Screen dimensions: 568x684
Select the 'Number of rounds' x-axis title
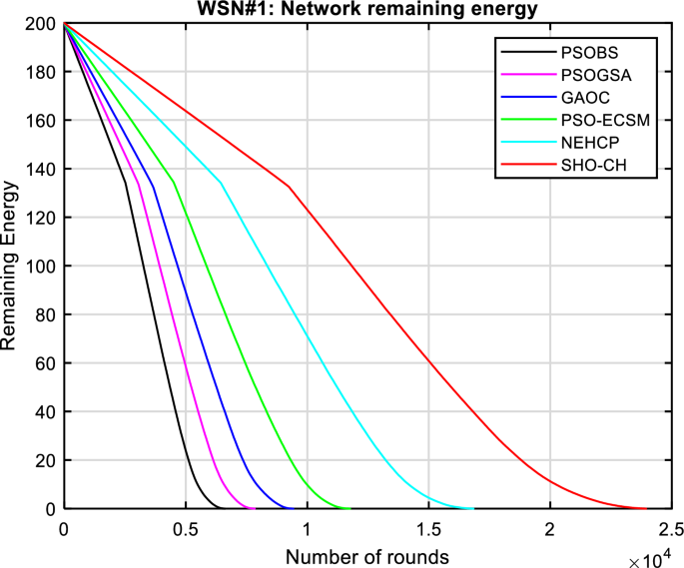pyautogui.click(x=366, y=554)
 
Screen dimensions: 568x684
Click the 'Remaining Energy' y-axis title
pyautogui.click(x=11, y=267)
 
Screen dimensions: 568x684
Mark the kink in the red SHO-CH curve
pyautogui.click(x=289, y=186)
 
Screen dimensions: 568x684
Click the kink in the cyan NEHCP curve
pyautogui.click(x=221, y=183)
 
